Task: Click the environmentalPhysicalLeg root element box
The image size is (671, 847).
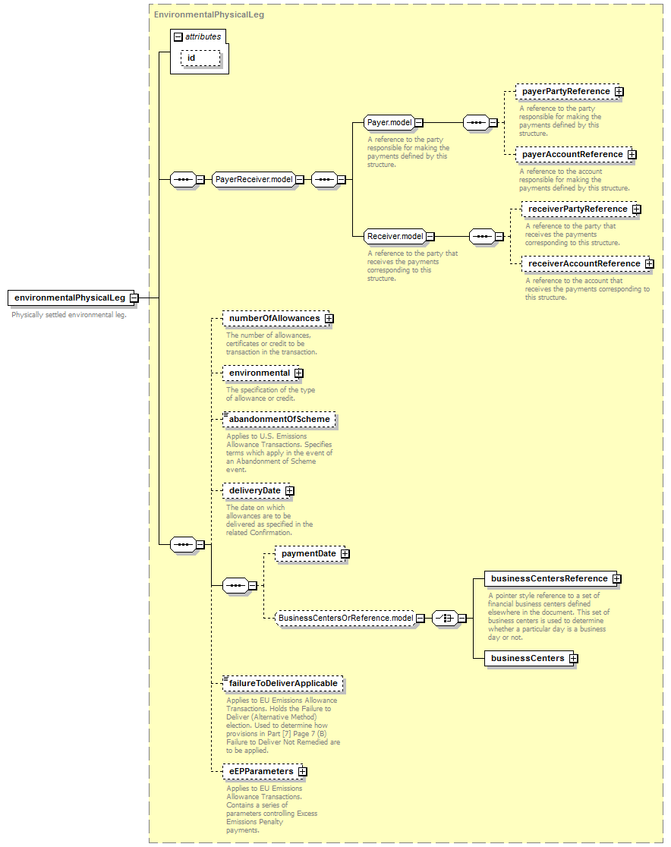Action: tap(71, 298)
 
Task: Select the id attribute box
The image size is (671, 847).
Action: tap(200, 58)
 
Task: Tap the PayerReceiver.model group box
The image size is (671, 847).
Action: tap(254, 179)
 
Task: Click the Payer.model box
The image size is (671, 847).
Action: tap(389, 123)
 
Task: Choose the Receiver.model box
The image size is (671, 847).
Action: tap(395, 236)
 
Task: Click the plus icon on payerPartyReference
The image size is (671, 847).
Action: tap(619, 92)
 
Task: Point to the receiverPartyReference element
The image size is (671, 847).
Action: tap(579, 209)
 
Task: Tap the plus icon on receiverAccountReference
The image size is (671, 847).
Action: tap(650, 263)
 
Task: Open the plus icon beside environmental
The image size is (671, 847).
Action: tap(299, 373)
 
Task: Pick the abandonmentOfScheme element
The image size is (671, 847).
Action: tap(279, 419)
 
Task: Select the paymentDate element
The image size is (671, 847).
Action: tap(310, 554)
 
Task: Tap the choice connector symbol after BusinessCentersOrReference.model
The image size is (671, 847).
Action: tap(446, 618)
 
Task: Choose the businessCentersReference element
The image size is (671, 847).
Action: tap(550, 578)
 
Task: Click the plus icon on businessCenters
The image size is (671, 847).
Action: tap(574, 659)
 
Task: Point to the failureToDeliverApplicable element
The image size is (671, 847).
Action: tap(283, 683)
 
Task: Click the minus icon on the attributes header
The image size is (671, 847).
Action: tap(178, 36)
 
